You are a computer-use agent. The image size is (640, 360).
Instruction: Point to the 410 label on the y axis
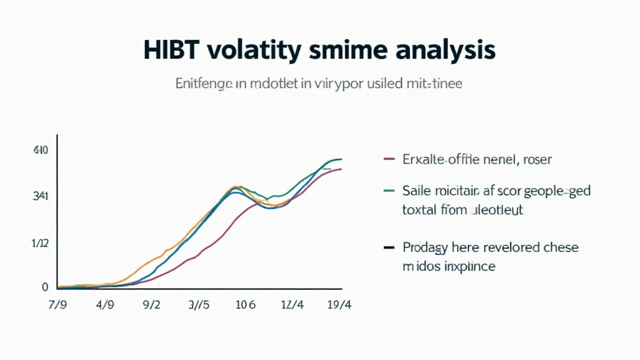tap(40, 151)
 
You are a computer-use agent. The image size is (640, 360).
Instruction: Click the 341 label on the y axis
tap(40, 196)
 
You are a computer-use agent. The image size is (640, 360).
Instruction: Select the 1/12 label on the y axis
tap(39, 243)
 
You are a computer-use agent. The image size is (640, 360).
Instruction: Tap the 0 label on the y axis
tap(45, 287)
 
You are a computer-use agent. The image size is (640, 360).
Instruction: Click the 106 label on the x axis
tap(246, 306)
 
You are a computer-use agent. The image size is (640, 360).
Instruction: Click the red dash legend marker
tap(388, 159)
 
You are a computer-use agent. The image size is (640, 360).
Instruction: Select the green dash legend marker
tap(388, 190)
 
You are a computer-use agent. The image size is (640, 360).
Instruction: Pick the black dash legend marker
tap(388, 247)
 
